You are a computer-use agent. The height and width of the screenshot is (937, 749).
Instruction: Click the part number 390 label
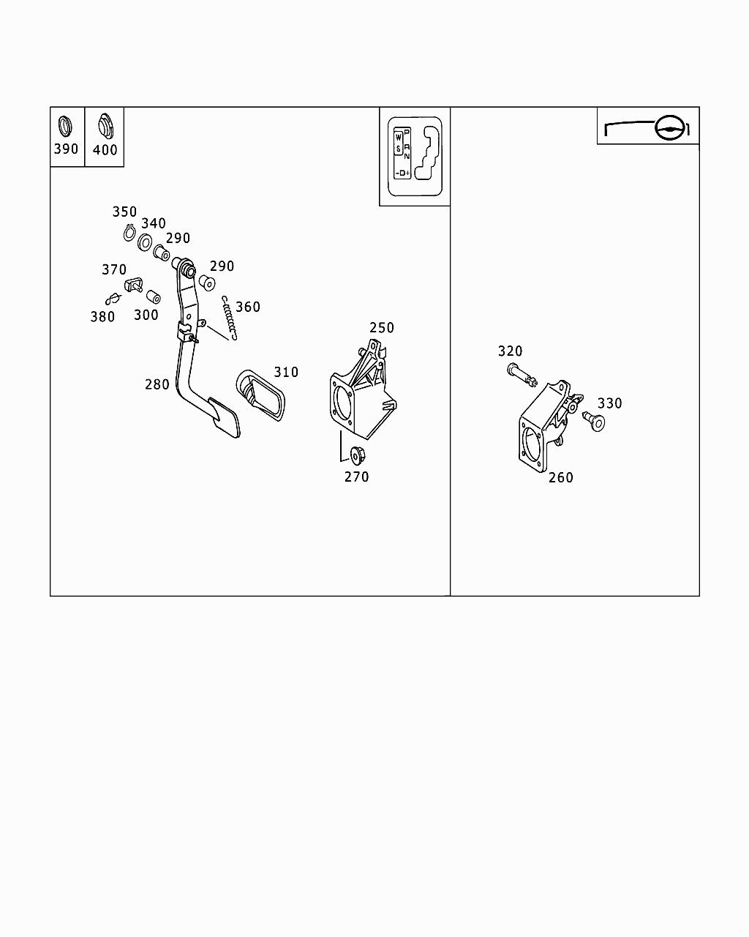pos(66,149)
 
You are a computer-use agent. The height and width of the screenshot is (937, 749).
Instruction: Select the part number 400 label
pos(105,150)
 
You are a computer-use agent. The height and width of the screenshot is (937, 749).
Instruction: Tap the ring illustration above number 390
pos(65,125)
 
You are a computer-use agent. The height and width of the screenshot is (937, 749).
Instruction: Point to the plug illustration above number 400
pos(105,125)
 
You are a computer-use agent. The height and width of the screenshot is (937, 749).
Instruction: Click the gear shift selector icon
pos(414,157)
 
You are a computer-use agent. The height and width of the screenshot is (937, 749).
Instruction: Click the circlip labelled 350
pos(128,234)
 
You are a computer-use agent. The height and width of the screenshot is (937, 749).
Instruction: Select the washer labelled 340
pos(145,242)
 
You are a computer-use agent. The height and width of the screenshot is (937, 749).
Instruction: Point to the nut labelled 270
pos(358,455)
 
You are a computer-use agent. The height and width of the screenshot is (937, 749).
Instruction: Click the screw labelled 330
pos(593,421)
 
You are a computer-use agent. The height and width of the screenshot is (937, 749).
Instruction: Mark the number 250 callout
pos(381,328)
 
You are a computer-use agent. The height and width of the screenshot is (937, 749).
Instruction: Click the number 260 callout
pos(560,477)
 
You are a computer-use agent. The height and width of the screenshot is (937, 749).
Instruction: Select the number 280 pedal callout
pos(157,384)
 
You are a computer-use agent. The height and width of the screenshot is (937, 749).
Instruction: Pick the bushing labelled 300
pos(154,297)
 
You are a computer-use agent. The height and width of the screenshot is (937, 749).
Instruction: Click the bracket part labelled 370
pos(133,283)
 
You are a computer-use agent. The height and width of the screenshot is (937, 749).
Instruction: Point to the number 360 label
pos(247,307)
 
